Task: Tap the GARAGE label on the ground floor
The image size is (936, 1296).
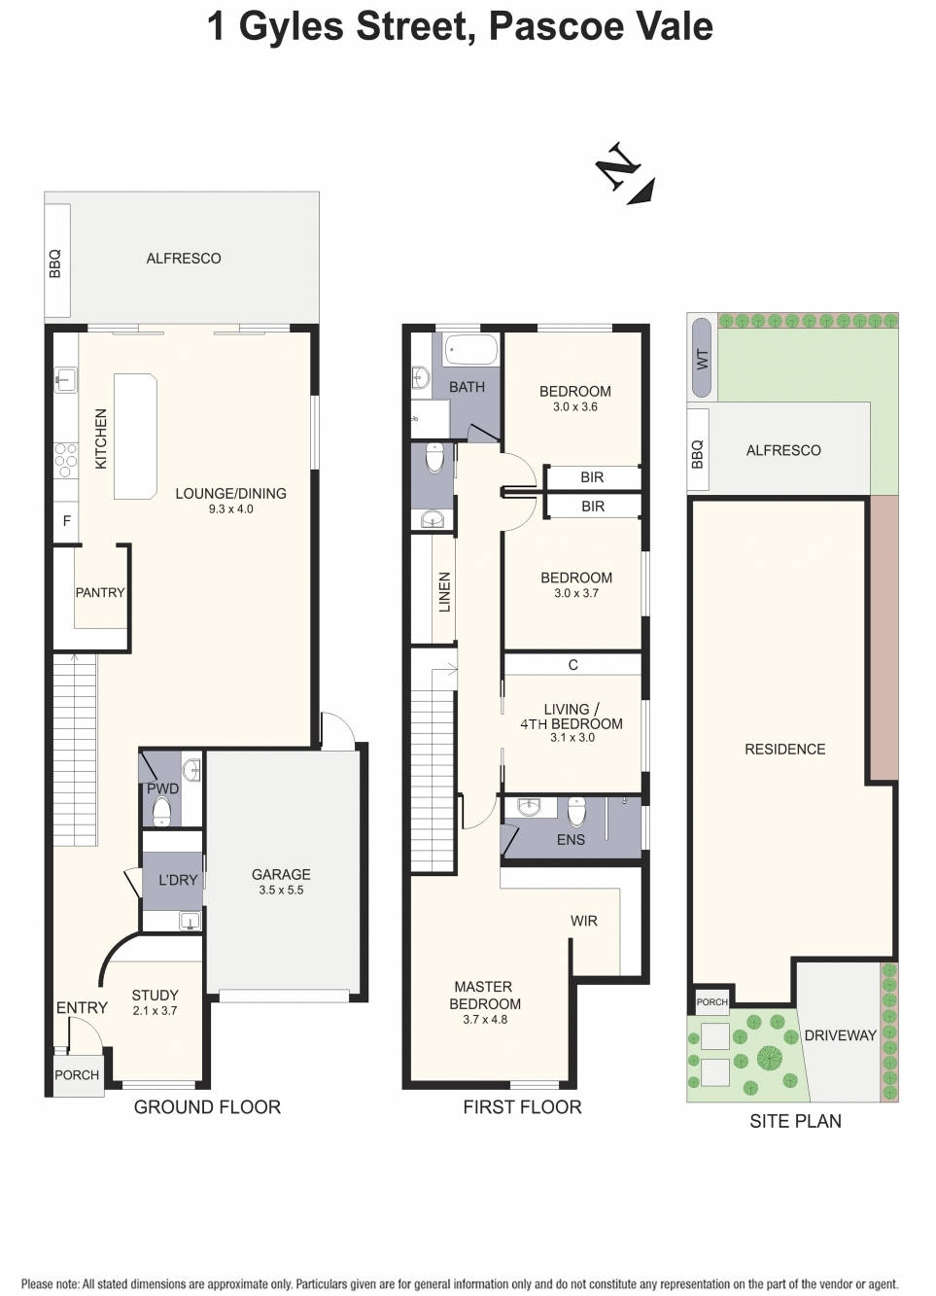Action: click(281, 874)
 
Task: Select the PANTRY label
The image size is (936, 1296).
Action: click(100, 592)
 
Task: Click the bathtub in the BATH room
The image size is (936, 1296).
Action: click(471, 350)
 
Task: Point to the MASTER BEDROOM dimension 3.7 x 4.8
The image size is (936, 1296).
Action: click(485, 1019)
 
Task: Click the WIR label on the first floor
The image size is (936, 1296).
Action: click(584, 921)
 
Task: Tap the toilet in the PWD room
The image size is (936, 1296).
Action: click(161, 811)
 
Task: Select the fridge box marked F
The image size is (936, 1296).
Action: click(66, 521)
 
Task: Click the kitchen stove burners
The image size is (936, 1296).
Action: click(66, 460)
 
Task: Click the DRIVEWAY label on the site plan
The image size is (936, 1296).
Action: click(840, 1035)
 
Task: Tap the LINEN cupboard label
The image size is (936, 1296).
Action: click(445, 591)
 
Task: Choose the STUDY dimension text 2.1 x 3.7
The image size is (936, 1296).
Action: click(156, 1011)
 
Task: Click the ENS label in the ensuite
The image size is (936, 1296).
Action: click(571, 839)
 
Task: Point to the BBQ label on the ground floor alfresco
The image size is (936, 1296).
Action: click(55, 263)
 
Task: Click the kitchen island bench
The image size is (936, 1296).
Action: click(135, 436)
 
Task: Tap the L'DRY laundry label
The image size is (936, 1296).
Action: click(178, 880)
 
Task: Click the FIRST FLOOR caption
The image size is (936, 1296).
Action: click(522, 1106)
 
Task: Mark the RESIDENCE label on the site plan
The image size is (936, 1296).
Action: click(784, 749)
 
